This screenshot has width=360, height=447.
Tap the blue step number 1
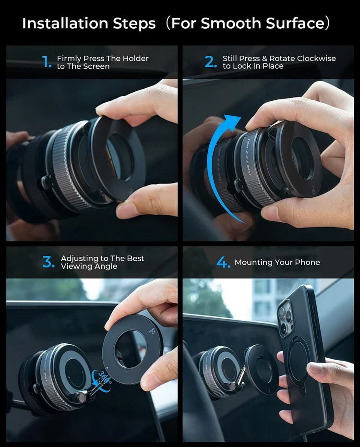click(x=47, y=62)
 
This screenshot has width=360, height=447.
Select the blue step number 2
click(x=211, y=62)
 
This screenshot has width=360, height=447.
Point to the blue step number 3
click(x=48, y=262)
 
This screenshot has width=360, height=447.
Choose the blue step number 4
click(x=223, y=262)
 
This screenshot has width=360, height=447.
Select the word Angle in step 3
click(x=106, y=266)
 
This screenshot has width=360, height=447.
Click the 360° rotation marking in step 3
click(x=102, y=375)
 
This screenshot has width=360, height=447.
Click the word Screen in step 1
click(x=97, y=66)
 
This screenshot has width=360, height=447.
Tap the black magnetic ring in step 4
click(x=262, y=370)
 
